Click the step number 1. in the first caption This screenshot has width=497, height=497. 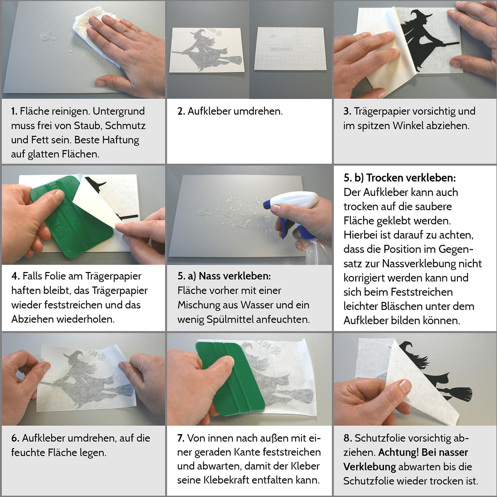click(x=14, y=111)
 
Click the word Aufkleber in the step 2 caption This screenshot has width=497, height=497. click(x=209, y=111)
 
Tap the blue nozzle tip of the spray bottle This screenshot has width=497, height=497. click(x=267, y=203)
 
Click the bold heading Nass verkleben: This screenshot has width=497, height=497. click(x=235, y=276)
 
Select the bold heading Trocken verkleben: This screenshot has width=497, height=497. click(x=411, y=178)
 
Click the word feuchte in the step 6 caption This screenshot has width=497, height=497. click(x=29, y=453)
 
